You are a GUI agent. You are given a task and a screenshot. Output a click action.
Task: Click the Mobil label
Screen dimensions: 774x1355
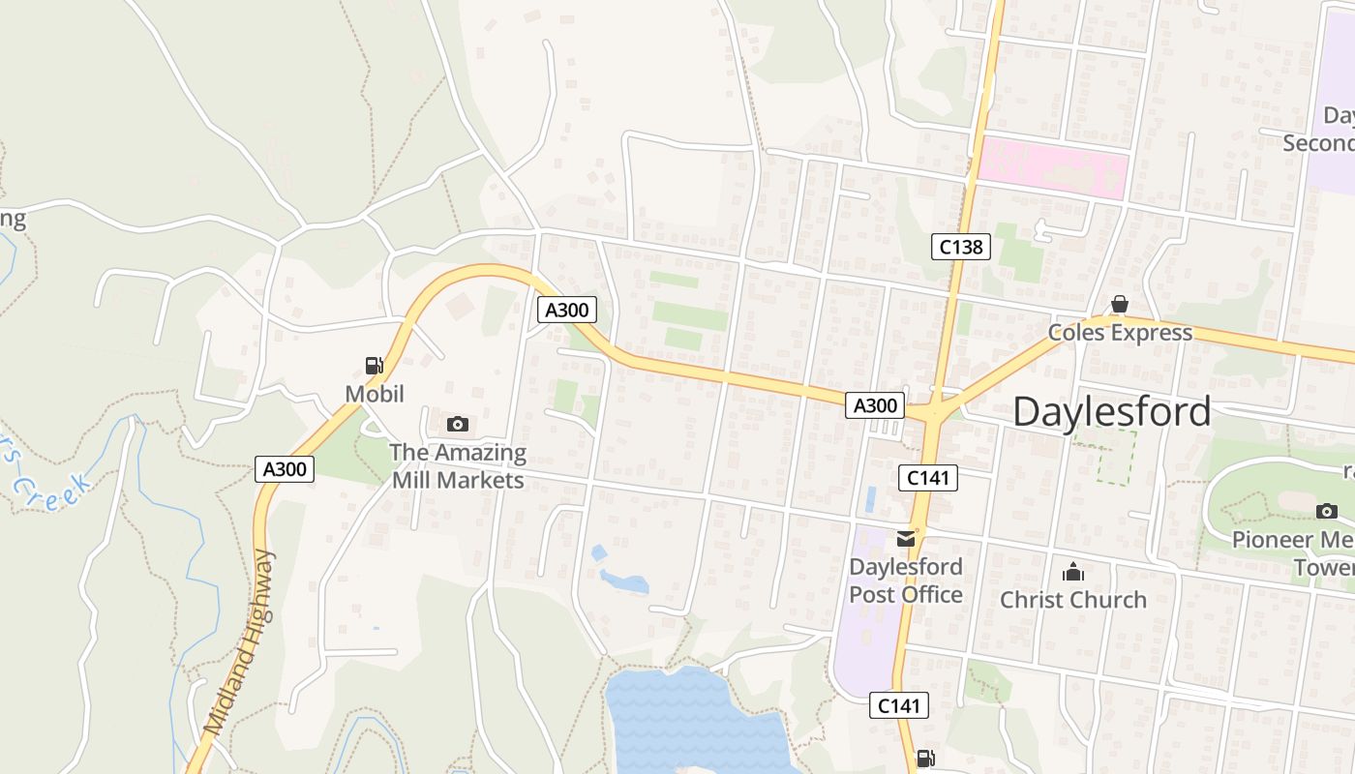[374, 394]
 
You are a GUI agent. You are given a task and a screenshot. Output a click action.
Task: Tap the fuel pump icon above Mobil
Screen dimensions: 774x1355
[374, 366]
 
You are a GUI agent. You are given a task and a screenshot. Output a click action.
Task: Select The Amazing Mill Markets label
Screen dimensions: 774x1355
[458, 465]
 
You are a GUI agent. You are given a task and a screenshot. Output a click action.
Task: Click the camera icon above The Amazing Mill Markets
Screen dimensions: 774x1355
[458, 424]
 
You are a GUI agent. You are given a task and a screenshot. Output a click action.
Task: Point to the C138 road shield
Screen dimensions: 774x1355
[960, 247]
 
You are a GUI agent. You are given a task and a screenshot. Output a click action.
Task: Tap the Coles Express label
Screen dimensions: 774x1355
[1120, 333]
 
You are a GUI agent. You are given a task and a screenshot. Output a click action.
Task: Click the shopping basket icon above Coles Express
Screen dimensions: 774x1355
[1120, 305]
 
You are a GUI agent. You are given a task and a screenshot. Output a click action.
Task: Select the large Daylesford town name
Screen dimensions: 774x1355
[1111, 412]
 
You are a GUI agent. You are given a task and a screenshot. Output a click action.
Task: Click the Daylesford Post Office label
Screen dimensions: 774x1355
[906, 580]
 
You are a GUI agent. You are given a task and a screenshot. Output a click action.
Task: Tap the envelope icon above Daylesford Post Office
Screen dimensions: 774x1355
[906, 539]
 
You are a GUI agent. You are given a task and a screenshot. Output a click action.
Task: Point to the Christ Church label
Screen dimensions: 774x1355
[1072, 600]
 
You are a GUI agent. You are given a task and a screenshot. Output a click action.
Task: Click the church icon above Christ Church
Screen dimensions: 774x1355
[1072, 573]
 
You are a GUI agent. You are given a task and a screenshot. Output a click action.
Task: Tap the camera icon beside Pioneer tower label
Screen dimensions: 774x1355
[1326, 511]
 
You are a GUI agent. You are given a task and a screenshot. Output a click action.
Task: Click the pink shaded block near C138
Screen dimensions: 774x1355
[1052, 170]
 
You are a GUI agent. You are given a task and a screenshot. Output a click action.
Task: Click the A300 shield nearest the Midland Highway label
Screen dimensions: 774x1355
[285, 469]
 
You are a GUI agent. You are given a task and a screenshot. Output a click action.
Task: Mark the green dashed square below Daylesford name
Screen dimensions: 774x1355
[1105, 457]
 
